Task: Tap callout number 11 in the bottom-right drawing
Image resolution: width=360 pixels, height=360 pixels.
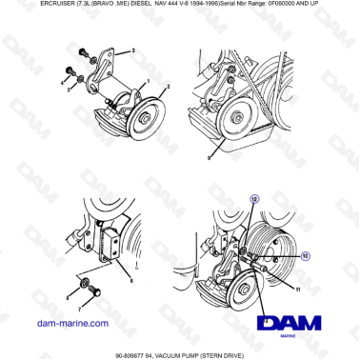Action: click(x=298, y=286)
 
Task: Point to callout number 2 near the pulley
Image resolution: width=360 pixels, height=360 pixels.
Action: click(x=169, y=88)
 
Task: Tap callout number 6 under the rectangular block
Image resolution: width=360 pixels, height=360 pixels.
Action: click(x=131, y=282)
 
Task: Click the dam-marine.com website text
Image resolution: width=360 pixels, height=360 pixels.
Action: click(x=72, y=323)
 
